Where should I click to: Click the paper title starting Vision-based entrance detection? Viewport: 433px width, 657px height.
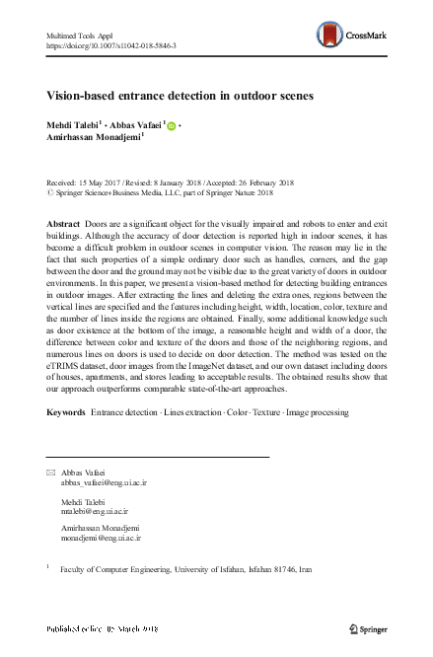coord(180,96)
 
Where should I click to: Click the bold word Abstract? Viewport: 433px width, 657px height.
coord(63,225)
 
